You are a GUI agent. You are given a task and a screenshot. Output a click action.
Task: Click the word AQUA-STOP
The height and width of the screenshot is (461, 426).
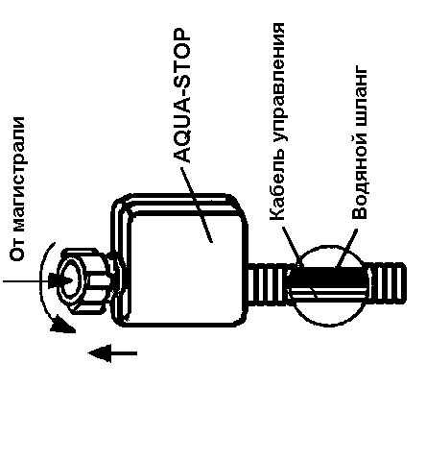pyautogui.click(x=182, y=96)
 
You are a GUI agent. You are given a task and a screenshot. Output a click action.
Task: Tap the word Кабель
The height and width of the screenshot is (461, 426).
pyautogui.click(x=277, y=189)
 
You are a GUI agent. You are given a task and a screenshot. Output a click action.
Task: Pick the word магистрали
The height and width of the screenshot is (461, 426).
pyautogui.click(x=18, y=173)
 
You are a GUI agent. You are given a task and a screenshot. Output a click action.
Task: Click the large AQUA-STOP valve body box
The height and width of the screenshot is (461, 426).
pyautogui.click(x=181, y=260)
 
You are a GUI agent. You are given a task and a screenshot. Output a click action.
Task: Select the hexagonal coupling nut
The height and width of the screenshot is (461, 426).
pyautogui.click(x=84, y=279)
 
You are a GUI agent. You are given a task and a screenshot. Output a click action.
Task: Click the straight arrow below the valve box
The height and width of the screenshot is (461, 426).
pyautogui.click(x=112, y=353)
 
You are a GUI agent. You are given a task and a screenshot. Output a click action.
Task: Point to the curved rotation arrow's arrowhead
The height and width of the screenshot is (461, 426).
pyautogui.click(x=62, y=325)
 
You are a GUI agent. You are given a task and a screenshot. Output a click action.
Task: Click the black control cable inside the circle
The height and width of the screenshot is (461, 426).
pyautogui.click(x=327, y=277)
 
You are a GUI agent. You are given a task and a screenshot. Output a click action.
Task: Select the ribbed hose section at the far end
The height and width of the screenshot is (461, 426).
pyautogui.click(x=387, y=283)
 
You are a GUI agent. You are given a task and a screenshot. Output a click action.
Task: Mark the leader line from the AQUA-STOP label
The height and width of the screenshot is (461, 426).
pyautogui.click(x=197, y=205)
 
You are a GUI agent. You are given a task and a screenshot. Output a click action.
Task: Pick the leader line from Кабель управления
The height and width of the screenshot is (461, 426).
pyautogui.click(x=291, y=246)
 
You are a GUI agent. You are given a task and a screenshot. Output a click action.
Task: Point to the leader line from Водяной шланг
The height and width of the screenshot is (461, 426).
pyautogui.click(x=347, y=248)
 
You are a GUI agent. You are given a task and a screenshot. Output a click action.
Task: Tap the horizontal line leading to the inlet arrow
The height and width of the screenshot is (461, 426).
pyautogui.click(x=26, y=281)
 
